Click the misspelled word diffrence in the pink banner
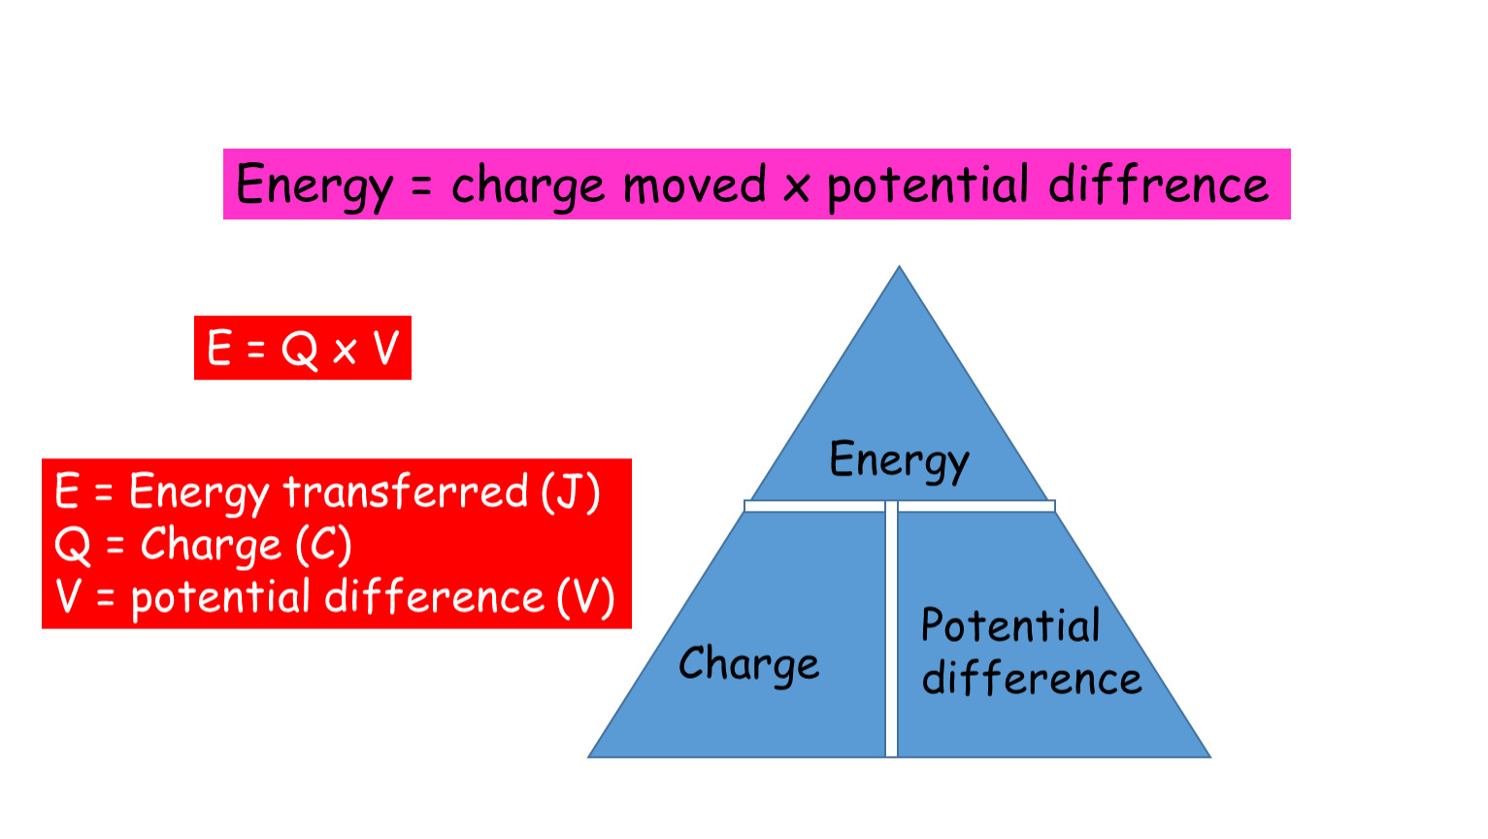coord(1159,184)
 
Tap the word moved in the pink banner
coord(694,185)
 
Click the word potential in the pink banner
coord(928,186)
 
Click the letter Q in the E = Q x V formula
coord(300,349)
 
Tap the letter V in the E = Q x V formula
coord(386,347)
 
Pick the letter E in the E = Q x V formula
coord(218,347)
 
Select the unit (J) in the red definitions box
coord(571,492)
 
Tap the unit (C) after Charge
coord(323,545)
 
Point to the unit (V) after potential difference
coord(585,597)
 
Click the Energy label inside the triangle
coord(900,460)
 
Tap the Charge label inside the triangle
coord(748,665)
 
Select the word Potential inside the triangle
coord(1010,625)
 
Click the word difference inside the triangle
coord(1032,677)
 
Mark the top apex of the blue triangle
coord(900,267)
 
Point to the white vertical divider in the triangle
coord(891,629)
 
